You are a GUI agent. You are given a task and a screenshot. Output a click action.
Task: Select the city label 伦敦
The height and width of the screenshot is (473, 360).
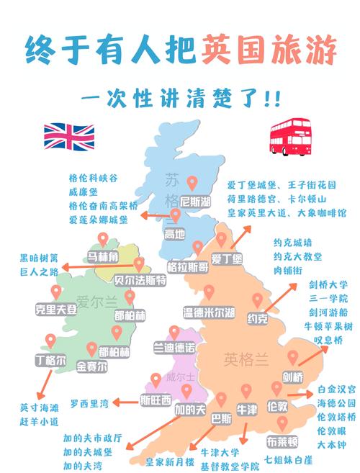pos(279,407)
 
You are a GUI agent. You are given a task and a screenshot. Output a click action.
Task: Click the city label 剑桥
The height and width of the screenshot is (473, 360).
pos(292,375)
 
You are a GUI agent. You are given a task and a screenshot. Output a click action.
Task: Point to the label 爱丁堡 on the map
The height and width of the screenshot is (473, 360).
pos(227,258)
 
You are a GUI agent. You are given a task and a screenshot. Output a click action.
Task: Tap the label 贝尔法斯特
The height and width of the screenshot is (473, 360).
pos(140,279)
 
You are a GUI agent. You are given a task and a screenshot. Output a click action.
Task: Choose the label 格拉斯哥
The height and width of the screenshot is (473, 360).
pos(188,266)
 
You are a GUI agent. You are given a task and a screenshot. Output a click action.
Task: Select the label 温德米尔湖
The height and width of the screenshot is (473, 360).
pos(209,312)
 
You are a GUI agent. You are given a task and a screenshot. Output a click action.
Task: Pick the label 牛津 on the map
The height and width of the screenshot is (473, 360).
pos(247,410)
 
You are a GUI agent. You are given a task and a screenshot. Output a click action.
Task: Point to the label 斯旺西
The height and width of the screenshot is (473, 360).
pos(156,400)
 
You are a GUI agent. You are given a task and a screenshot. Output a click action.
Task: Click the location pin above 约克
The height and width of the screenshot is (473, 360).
pos(257,300)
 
